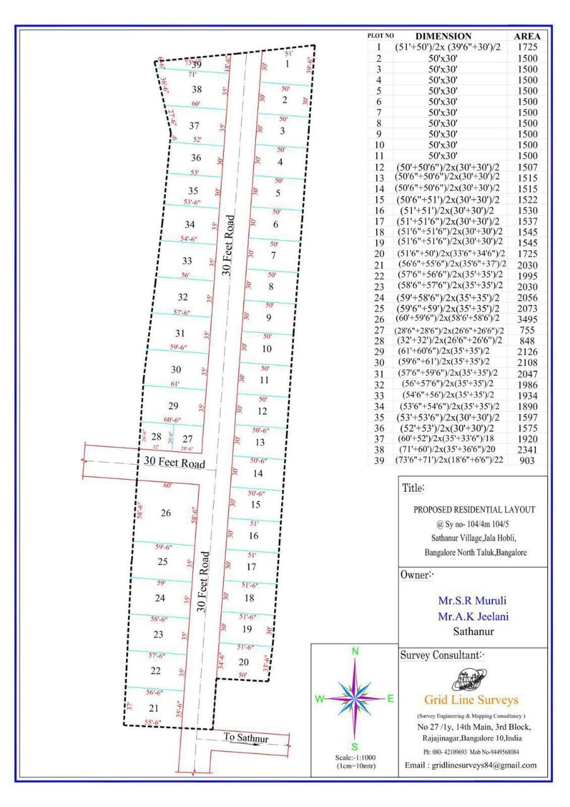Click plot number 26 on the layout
(x=166, y=513)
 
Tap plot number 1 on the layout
(x=288, y=64)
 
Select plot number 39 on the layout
(x=197, y=64)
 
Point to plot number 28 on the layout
(x=157, y=436)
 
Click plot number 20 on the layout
(x=244, y=661)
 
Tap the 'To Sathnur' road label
(x=245, y=738)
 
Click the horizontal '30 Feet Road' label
(x=175, y=462)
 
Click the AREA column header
(x=527, y=37)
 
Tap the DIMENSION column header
(x=443, y=37)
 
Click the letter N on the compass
(x=355, y=652)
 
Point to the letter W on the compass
(x=320, y=699)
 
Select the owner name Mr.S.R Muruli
(x=473, y=601)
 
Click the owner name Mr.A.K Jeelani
(x=473, y=617)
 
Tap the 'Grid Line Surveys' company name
(x=472, y=700)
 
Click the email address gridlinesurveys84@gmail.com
(x=470, y=765)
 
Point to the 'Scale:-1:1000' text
(x=355, y=757)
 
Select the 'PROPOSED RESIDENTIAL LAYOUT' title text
(x=474, y=509)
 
